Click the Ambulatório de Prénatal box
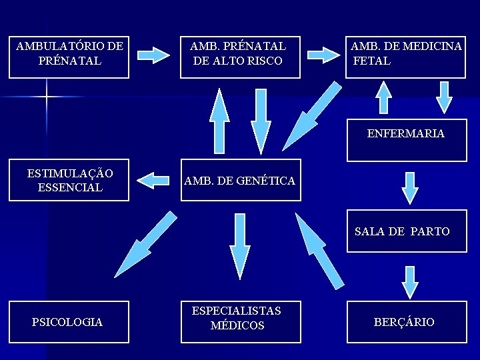click(x=69, y=57)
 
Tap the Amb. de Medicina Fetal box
click(x=405, y=57)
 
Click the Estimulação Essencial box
click(x=69, y=180)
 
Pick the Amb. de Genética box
click(x=240, y=180)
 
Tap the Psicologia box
click(x=68, y=322)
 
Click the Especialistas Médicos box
click(x=240, y=322)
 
